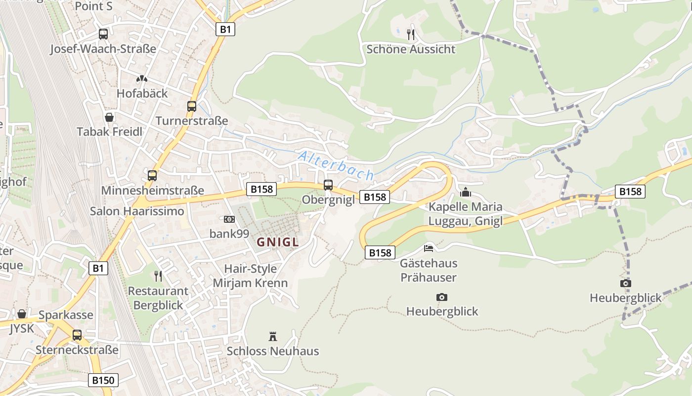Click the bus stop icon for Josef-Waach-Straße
103,34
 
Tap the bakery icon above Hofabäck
142,79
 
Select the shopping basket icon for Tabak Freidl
109,117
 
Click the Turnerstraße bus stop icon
192,106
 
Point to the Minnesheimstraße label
152,191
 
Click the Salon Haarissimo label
137,211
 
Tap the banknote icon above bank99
229,219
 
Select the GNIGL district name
278,242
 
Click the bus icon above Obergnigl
328,185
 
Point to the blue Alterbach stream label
336,165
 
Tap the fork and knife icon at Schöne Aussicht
411,34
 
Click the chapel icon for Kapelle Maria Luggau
466,192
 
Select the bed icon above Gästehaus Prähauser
429,248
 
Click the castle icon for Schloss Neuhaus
272,337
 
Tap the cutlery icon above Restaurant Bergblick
158,276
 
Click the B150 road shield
103,380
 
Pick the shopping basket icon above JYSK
22,314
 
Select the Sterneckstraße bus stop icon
77,335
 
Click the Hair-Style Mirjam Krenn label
250,276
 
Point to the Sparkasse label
66,315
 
